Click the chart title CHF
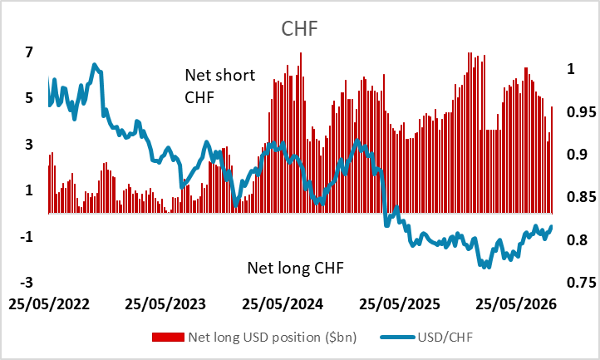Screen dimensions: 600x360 300,29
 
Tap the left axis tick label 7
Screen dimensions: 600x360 29,52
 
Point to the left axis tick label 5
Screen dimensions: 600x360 29,98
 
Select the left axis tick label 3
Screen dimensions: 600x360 29,145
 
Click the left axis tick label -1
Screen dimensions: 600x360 27,237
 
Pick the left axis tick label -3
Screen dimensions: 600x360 27,283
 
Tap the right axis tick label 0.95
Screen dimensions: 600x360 582,112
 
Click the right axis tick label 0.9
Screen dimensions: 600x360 577,155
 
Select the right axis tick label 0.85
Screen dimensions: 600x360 582,197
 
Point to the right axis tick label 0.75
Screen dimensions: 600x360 582,282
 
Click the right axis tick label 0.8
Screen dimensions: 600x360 577,239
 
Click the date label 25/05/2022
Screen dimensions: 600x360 49,304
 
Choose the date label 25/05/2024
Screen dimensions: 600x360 283,304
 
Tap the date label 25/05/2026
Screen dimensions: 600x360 516,304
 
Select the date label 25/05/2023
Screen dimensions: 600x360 165,304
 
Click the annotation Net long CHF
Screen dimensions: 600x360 295,268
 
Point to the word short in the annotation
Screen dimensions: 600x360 236,75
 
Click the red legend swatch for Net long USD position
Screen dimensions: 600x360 168,337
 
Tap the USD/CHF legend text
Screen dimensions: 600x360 445,337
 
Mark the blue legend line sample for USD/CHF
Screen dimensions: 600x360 398,337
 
